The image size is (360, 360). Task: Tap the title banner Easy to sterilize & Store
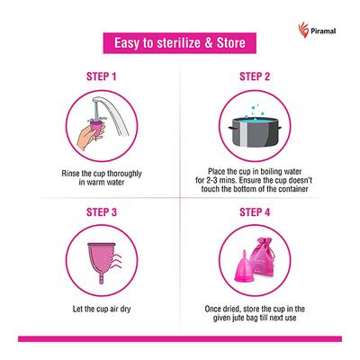click(180, 43)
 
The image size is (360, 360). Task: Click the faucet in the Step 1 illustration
click(101, 108)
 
